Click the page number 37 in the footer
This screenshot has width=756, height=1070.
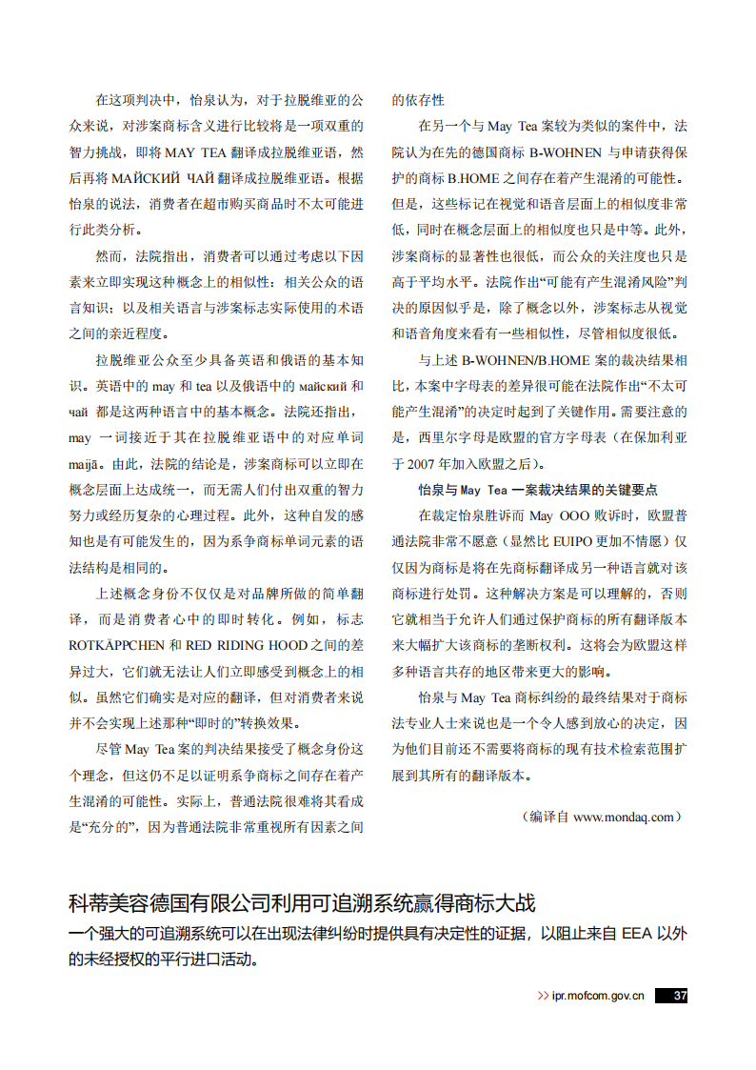click(x=679, y=996)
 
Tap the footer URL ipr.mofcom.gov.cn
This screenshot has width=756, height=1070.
click(x=598, y=996)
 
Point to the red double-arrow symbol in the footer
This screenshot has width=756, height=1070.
click(x=543, y=996)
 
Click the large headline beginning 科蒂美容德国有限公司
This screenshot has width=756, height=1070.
click(x=309, y=902)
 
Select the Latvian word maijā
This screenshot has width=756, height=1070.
click(x=86, y=464)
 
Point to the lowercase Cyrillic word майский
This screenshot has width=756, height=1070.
click(x=320, y=387)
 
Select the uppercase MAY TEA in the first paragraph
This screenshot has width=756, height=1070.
click(x=194, y=152)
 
